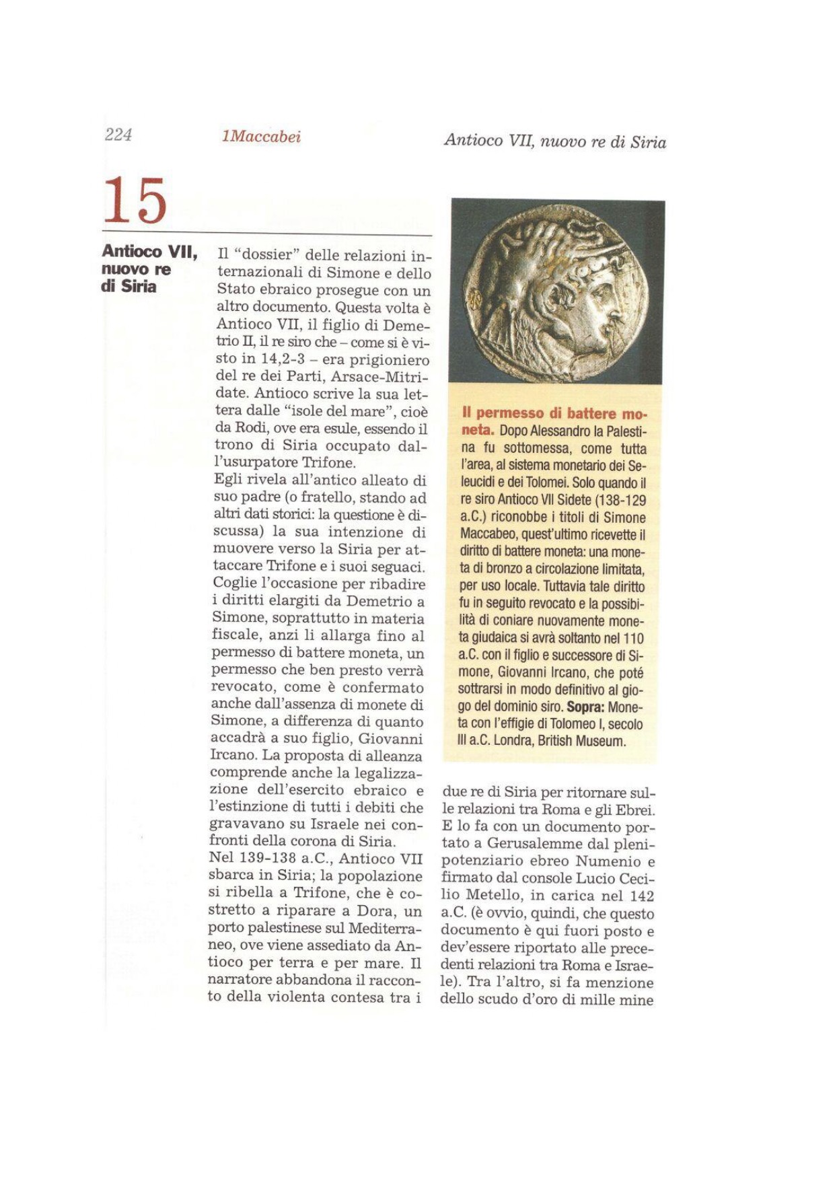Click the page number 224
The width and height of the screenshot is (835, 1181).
click(x=118, y=135)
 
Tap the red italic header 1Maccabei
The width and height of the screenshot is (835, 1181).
click(x=261, y=137)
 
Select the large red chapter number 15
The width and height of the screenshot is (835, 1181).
click(x=135, y=201)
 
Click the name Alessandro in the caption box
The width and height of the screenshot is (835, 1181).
click(x=556, y=431)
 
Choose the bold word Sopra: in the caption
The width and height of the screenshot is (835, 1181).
click(x=589, y=708)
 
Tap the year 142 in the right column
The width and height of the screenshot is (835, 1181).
click(x=641, y=896)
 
